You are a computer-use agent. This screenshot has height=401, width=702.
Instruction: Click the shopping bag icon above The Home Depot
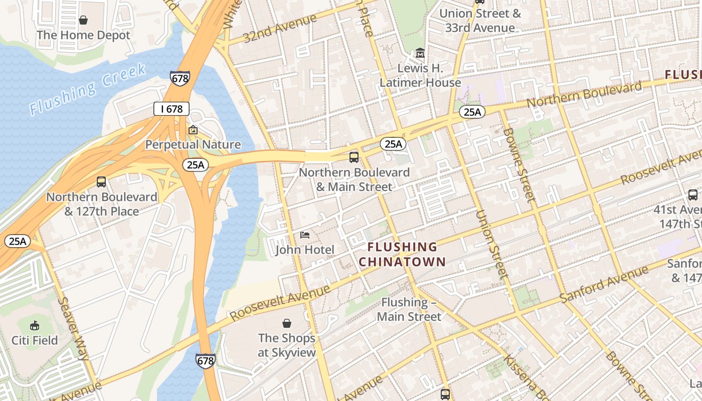click(83, 20)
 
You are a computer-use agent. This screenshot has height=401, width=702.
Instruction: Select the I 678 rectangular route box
click(171, 109)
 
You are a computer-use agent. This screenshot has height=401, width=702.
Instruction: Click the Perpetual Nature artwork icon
click(193, 130)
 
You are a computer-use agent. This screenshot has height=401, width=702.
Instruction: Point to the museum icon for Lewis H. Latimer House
click(420, 53)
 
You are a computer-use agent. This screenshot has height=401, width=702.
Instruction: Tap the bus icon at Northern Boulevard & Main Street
click(354, 157)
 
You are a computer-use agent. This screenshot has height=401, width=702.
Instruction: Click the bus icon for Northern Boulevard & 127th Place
click(101, 182)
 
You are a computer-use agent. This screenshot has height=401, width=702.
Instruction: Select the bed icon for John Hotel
click(304, 235)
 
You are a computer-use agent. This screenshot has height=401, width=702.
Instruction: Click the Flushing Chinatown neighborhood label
click(402, 254)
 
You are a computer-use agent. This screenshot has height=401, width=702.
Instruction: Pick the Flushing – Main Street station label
click(409, 309)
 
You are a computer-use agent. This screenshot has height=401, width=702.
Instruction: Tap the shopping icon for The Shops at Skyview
click(287, 323)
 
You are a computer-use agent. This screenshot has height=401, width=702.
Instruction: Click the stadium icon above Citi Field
click(35, 326)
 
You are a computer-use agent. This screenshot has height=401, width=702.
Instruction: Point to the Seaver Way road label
click(74, 328)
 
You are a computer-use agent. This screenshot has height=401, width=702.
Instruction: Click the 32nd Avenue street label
click(280, 29)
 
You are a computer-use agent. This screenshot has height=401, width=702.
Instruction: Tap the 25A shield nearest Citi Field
click(17, 241)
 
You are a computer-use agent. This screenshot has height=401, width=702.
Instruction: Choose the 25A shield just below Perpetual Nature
click(195, 164)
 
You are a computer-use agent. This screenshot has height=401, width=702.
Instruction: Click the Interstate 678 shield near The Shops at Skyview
click(206, 360)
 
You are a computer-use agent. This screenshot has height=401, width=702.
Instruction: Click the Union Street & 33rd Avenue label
click(480, 21)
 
